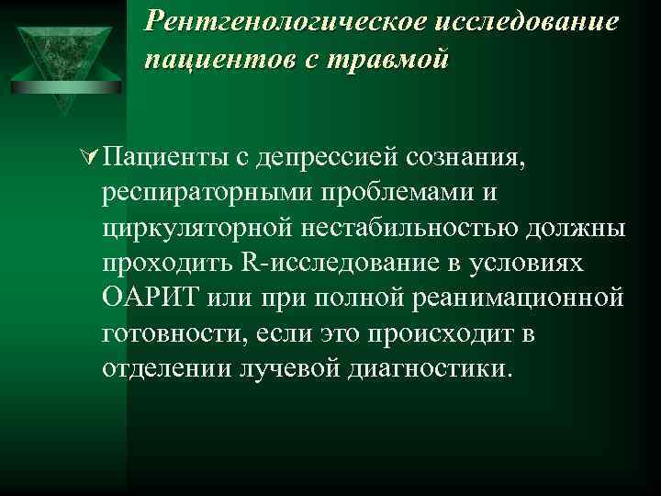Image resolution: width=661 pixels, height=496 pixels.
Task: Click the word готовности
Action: (174, 334)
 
